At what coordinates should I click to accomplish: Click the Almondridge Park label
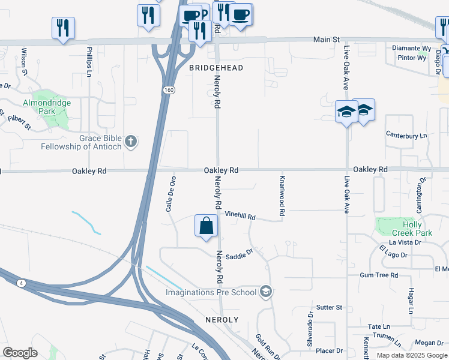click(x=47, y=107)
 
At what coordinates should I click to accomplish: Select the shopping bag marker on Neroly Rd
click(x=206, y=227)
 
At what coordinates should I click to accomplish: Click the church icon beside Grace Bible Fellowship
click(x=131, y=142)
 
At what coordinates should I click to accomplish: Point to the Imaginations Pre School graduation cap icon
click(x=266, y=292)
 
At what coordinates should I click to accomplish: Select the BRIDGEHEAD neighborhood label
click(x=217, y=68)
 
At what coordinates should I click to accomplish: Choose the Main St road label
click(x=327, y=40)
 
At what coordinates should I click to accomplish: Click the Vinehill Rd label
click(x=240, y=215)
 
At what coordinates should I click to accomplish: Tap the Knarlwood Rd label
click(x=281, y=196)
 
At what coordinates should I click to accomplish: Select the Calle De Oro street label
click(x=173, y=194)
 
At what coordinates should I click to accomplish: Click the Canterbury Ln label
click(x=406, y=136)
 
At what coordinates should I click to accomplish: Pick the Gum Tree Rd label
click(x=379, y=275)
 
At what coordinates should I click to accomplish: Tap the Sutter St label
click(x=329, y=307)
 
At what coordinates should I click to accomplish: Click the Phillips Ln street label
click(x=89, y=61)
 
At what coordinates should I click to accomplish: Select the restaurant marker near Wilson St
click(x=62, y=28)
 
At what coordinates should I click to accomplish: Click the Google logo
click(x=20, y=353)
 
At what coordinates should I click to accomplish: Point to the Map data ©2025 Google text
click(x=412, y=355)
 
